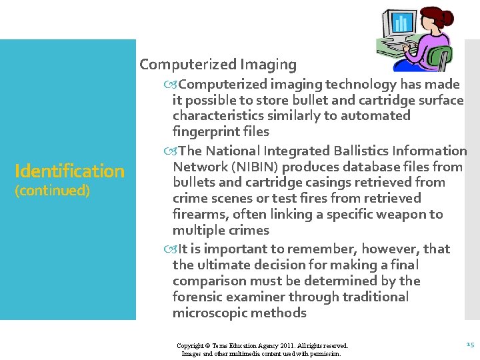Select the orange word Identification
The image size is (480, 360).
(x=69, y=171)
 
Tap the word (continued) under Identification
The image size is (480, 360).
(x=52, y=191)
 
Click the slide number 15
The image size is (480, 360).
(x=469, y=345)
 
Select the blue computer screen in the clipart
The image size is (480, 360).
(x=401, y=24)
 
